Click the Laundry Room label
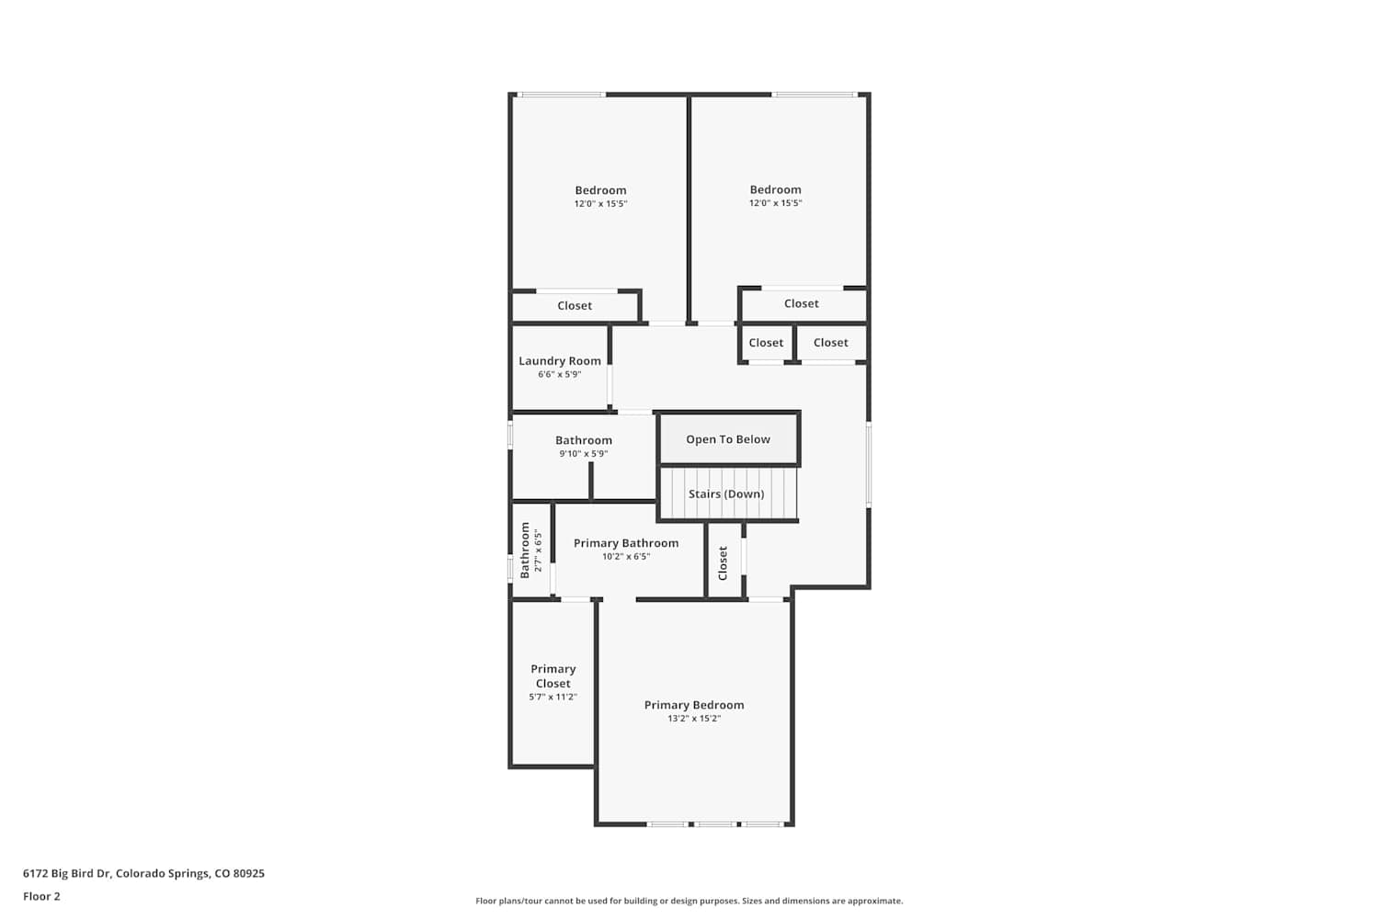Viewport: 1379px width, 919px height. click(x=560, y=361)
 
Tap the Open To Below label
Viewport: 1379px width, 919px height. click(x=728, y=439)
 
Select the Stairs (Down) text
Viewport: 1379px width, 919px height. click(x=726, y=494)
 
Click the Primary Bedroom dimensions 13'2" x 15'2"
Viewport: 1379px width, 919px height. click(x=694, y=719)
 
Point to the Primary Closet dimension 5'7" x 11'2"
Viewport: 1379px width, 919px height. click(x=553, y=697)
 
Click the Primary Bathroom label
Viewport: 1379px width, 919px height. click(x=626, y=543)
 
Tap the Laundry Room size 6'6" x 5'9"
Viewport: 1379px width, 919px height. click(x=560, y=374)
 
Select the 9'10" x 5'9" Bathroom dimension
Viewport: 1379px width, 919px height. click(x=584, y=454)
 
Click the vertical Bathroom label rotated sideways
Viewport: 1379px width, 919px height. click(x=525, y=550)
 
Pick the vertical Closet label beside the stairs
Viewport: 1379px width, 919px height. click(x=723, y=563)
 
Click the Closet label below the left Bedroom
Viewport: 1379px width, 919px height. click(x=575, y=306)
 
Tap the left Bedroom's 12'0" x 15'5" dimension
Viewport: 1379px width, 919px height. click(x=601, y=204)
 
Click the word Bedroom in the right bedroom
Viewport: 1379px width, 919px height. click(x=776, y=189)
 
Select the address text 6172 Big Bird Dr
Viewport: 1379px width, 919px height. click(x=67, y=873)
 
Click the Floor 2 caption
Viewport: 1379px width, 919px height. click(x=42, y=896)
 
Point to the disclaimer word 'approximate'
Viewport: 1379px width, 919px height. click(x=875, y=902)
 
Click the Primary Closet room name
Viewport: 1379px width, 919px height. click(x=553, y=675)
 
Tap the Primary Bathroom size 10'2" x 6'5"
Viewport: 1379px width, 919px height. click(x=626, y=556)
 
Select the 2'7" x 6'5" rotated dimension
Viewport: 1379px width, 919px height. click(x=539, y=550)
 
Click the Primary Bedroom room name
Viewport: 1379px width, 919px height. click(x=694, y=706)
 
